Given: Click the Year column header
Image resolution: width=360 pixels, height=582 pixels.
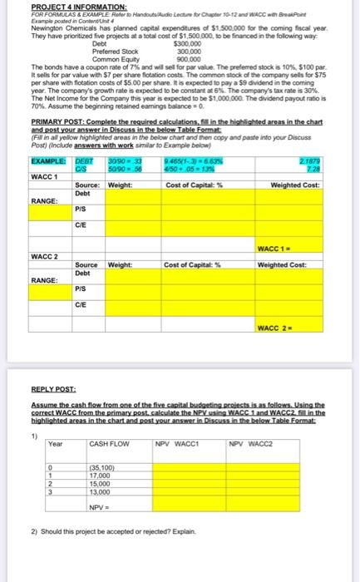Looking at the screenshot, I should point(55,444).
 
